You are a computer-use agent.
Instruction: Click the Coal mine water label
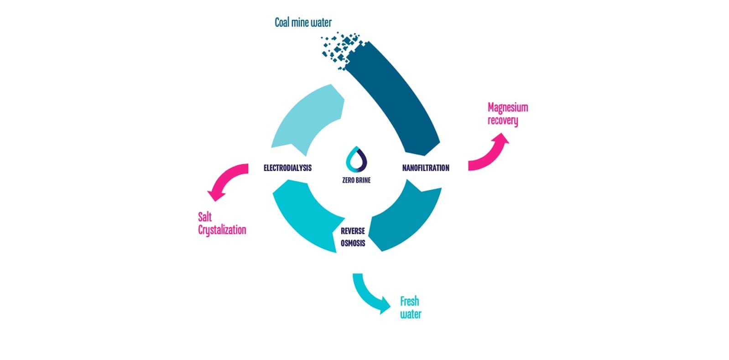303,22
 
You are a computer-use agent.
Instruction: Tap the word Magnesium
508,108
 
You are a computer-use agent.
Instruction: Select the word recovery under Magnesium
503,121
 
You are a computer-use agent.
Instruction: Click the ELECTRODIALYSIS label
287,168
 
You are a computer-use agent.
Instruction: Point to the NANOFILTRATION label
426,168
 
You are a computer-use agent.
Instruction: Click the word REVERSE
353,231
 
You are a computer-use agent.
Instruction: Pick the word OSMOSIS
353,243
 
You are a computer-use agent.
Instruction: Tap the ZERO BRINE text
356,180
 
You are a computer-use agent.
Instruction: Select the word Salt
205,217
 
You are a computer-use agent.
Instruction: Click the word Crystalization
222,230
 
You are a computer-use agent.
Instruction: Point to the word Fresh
409,301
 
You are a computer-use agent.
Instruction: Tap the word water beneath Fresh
411,314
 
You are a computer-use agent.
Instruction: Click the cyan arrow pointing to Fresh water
370,294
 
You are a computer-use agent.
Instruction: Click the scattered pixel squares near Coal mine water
340,48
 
